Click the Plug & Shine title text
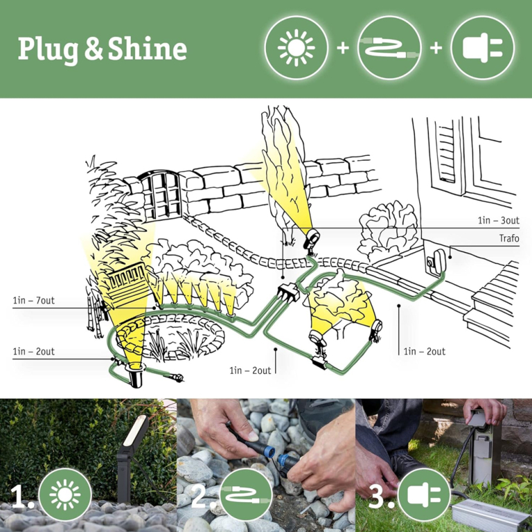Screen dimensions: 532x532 click(x=102, y=50)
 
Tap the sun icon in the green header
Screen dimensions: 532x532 click(x=296, y=48)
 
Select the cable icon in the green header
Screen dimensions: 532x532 click(x=389, y=48)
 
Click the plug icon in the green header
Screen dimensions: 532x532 click(x=482, y=48)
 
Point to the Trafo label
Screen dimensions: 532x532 click(x=509, y=238)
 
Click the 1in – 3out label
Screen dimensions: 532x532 click(x=499, y=220)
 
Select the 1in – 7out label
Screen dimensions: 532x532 click(x=33, y=300)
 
